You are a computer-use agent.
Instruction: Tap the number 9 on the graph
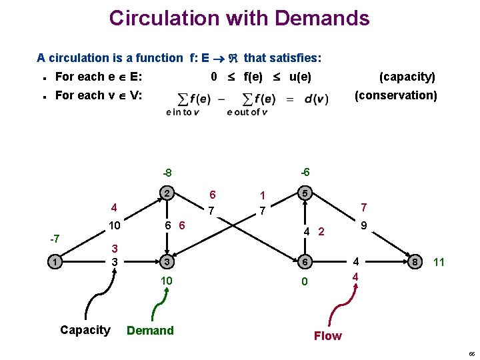[x=364, y=227]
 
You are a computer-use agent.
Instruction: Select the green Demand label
[x=150, y=331]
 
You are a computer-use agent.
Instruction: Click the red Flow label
[x=327, y=336]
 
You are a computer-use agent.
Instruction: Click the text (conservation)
[x=396, y=95]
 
